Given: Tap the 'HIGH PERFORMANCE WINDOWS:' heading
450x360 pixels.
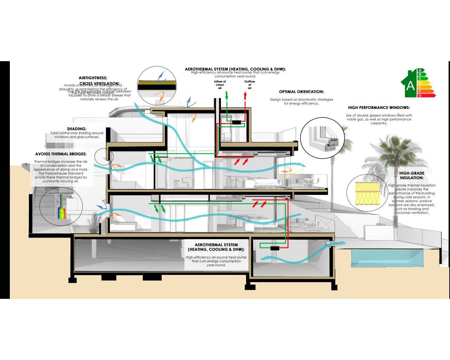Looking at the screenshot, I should point(379,108).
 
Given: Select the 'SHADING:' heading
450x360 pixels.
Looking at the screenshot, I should point(77,129).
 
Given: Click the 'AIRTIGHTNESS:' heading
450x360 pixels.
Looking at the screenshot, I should point(93,78).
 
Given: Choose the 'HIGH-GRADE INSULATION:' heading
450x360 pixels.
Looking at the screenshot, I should point(411,175).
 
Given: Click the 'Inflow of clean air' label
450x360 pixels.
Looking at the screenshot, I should point(220,85).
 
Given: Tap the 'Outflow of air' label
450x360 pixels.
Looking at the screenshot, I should point(250,85).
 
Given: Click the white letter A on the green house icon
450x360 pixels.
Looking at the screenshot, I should point(410,85).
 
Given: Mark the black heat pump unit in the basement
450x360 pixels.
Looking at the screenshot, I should point(274,248).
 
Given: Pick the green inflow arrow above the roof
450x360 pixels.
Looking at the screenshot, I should point(227,95).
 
